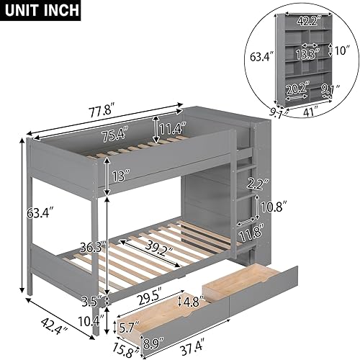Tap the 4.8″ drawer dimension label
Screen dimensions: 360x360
(190, 302)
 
